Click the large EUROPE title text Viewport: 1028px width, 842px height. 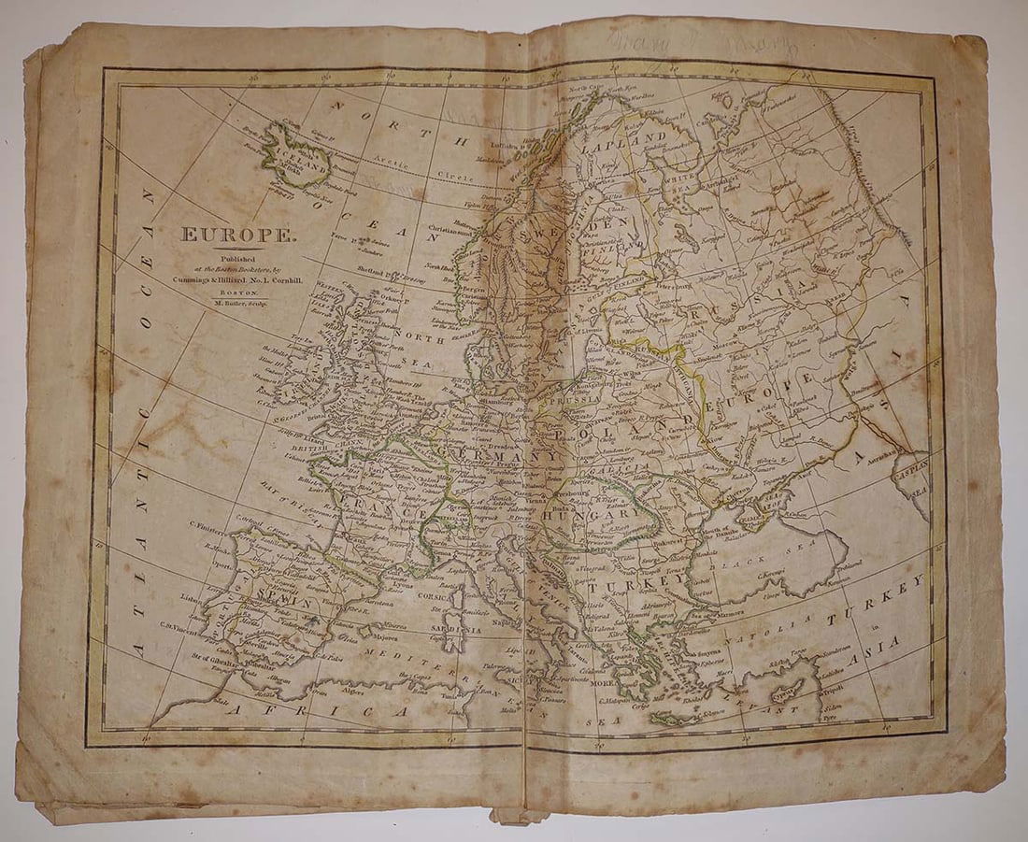(236, 235)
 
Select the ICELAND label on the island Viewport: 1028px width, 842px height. (297, 158)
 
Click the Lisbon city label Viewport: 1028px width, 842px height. (191, 594)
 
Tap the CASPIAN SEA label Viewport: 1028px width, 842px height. (917, 477)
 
